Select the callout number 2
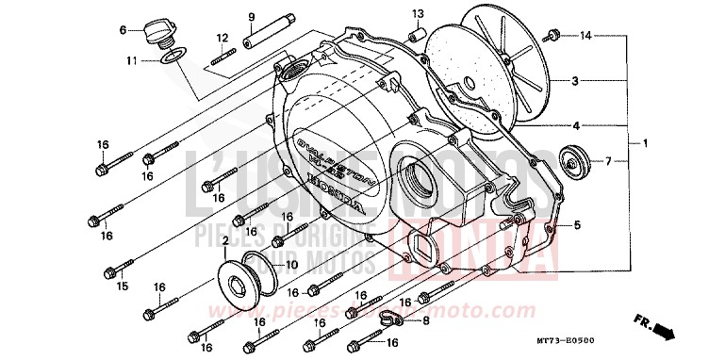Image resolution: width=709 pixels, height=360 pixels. tap(225, 241)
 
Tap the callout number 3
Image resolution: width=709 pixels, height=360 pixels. tap(574, 82)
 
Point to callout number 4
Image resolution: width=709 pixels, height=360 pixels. tap(575, 124)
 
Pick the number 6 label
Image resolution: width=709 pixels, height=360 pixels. tap(123, 30)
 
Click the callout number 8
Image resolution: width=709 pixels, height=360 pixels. tap(425, 320)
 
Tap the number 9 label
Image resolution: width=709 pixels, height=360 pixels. tap(252, 17)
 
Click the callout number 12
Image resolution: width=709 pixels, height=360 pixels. tap(223, 39)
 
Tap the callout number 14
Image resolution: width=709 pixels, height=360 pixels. tap(585, 36)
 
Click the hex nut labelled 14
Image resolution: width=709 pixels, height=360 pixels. tap(552, 36)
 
